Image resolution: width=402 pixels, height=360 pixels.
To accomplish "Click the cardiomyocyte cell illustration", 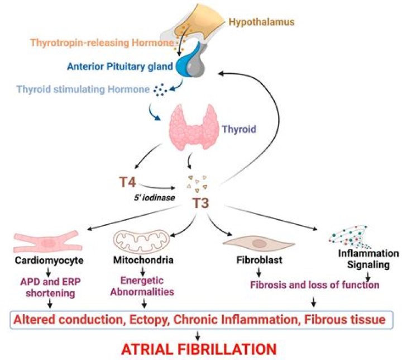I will (x=49, y=241).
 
